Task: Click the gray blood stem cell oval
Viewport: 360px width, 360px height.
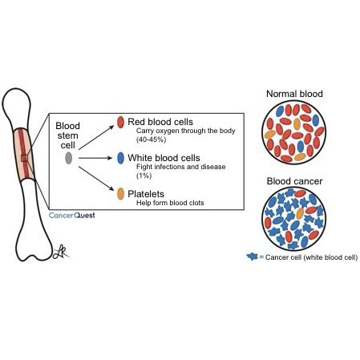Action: pos(69,158)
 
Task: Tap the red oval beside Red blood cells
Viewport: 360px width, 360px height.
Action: pos(120,122)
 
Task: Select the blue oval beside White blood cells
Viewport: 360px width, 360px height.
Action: pos(120,158)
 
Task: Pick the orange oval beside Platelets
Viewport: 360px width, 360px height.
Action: pos(120,194)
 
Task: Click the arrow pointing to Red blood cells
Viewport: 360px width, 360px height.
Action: pos(96,137)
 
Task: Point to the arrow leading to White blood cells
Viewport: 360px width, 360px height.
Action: pos(95,158)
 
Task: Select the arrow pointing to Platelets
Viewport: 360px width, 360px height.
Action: pos(96,179)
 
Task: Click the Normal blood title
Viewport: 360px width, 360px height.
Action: pos(294,94)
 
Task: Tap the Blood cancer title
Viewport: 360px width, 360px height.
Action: pos(294,181)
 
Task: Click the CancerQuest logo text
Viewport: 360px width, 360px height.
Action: pos(72,216)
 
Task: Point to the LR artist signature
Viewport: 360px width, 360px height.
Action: pos(60,253)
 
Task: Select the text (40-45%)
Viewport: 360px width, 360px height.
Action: pos(151,140)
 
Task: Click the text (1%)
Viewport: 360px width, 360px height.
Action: pos(144,176)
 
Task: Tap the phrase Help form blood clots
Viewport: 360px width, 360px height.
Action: pos(170,203)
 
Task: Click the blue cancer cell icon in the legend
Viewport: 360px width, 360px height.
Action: pos(252,257)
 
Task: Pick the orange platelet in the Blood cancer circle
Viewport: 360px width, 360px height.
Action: pos(300,213)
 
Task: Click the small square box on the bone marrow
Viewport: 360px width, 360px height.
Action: pos(24,158)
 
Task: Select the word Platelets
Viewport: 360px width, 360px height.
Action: pos(146,194)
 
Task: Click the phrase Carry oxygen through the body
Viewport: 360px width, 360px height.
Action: pos(186,131)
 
